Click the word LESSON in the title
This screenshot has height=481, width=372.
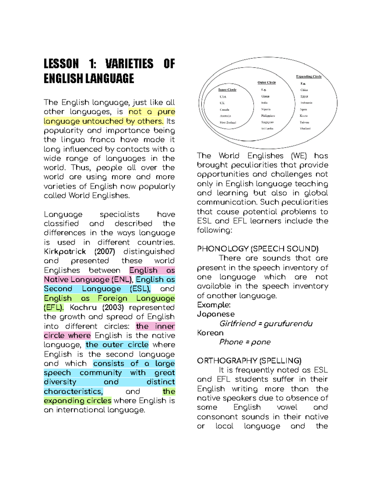coord(61,64)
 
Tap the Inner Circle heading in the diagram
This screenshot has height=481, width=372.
coord(227,90)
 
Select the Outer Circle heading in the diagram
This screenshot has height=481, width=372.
coord(267,82)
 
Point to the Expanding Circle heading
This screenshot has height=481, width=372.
coord(309,76)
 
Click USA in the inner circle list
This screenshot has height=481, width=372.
coord(223,97)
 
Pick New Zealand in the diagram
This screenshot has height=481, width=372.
coord(228,123)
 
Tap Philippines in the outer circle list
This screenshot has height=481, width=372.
coord(268,116)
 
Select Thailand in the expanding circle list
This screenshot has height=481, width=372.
coord(305,129)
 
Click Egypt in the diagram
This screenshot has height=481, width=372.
coord(304,96)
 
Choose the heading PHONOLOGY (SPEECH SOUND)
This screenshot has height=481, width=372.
coord(258,249)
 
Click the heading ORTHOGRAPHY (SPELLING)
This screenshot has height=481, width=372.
coord(249,361)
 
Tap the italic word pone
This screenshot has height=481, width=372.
coord(261,342)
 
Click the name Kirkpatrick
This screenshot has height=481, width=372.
coord(65,251)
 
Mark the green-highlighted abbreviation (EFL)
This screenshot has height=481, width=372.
coord(54,308)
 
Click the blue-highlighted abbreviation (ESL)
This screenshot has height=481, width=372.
coord(140,289)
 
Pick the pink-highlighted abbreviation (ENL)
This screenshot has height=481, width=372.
coord(122,280)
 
